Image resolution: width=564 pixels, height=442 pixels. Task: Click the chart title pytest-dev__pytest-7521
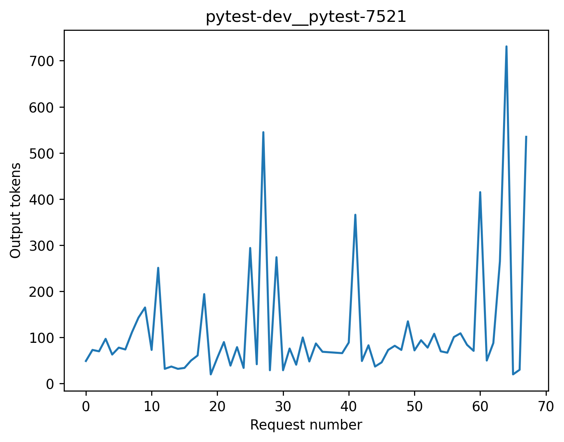point(306,17)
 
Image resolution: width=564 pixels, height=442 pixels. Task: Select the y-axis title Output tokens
point(16,210)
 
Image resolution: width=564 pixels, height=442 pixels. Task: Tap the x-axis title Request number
point(306,425)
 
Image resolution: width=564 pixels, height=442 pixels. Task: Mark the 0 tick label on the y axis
point(50,384)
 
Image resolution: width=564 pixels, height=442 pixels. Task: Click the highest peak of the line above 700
point(506,46)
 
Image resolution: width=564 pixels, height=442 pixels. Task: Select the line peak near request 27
point(263,132)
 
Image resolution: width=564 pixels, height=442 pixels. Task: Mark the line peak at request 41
point(355,215)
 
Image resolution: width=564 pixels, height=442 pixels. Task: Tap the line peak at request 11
point(158,268)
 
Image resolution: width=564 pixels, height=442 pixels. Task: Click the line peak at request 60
point(480,192)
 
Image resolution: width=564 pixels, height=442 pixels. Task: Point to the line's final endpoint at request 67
point(526,137)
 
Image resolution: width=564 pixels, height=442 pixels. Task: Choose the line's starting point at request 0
point(86,361)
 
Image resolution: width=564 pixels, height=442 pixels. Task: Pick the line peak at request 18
point(204,294)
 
